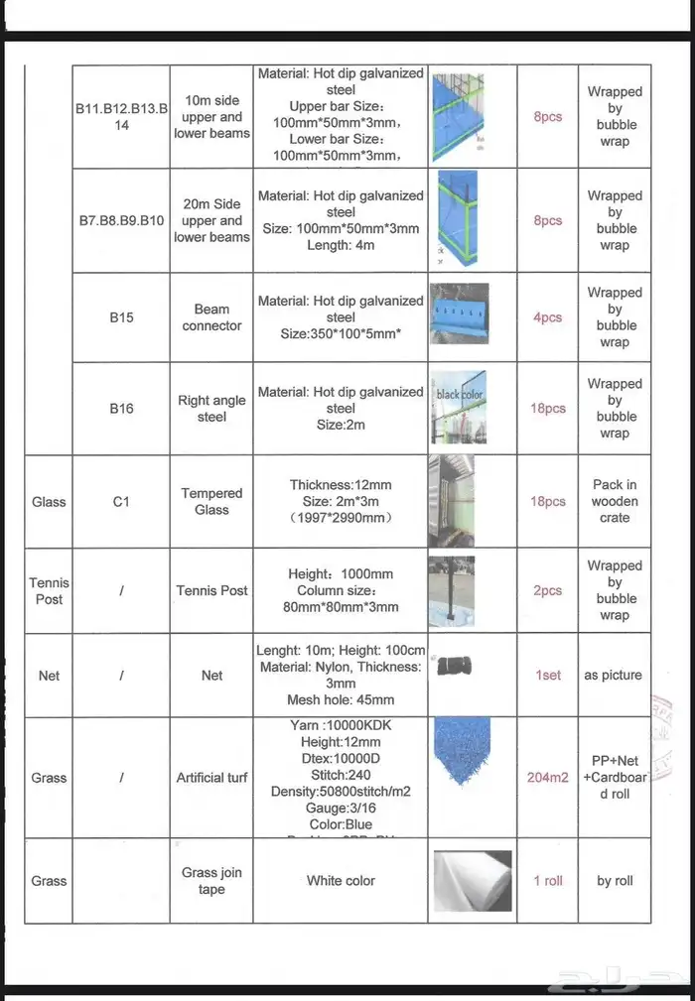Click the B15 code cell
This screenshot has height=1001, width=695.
pos(121,317)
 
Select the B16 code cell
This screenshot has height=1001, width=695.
pos(121,408)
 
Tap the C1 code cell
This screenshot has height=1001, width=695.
pos(121,501)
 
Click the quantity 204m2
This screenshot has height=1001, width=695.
pos(547,777)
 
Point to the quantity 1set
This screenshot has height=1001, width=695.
pos(548,675)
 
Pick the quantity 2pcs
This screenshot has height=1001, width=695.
pos(548,590)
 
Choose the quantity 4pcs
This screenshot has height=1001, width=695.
pos(548,317)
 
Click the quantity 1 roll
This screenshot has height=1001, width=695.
pos(548,880)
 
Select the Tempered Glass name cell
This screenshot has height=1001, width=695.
pos(211,501)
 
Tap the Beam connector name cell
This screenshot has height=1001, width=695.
pos(211,317)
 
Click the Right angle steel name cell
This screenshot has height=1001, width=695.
pos(211,408)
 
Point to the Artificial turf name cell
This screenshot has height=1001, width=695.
pos(211,777)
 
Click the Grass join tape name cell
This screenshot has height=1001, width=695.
pos(211,880)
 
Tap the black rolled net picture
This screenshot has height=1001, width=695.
pos(454,666)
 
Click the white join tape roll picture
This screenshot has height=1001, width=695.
pos(472,881)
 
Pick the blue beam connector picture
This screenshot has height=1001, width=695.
pos(458,313)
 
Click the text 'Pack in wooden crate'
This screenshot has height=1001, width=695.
pos(615,501)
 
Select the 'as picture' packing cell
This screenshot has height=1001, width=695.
pos(613,675)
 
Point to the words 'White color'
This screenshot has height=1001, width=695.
pos(341,880)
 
